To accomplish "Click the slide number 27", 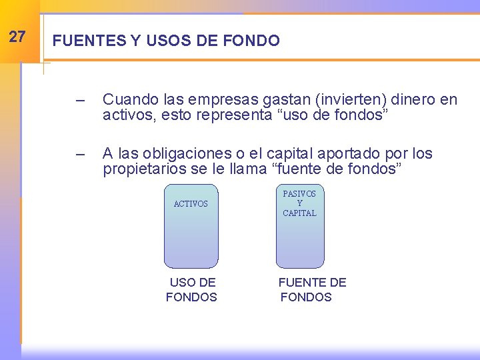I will pyautogui.click(x=17, y=37).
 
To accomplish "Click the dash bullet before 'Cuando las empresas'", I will pyautogui.click(x=81, y=101).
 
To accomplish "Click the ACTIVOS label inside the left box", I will pyautogui.click(x=191, y=204).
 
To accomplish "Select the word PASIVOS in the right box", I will pyautogui.click(x=299, y=193).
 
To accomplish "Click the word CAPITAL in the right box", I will pyautogui.click(x=299, y=213).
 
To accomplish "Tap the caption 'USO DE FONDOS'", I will pyautogui.click(x=192, y=290).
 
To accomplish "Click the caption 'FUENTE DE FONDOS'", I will pyautogui.click(x=312, y=290).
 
